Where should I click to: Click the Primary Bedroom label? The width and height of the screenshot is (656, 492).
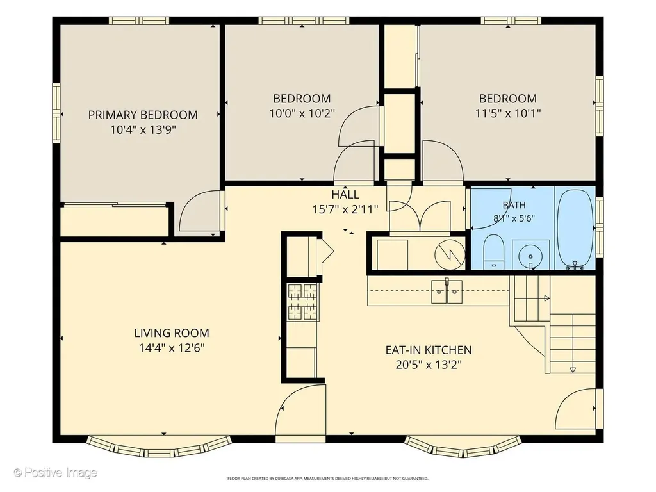(143, 115)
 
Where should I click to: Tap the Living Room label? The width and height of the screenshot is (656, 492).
(172, 333)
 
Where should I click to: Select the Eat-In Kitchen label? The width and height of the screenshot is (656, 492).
(429, 350)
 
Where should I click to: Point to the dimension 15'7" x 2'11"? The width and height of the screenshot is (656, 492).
(345, 209)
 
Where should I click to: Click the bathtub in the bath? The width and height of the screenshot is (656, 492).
(575, 229)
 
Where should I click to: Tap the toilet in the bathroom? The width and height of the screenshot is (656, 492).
(494, 252)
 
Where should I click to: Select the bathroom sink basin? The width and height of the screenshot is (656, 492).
(530, 255)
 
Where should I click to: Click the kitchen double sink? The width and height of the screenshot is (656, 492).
(447, 291)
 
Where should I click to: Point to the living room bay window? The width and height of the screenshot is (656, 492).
(159, 447)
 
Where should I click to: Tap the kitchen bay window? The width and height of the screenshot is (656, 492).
(464, 447)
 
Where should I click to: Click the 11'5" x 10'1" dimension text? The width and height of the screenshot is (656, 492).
(508, 113)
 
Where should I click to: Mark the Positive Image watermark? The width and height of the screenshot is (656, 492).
(55, 473)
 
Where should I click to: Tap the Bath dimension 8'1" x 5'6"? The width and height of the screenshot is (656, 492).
(514, 218)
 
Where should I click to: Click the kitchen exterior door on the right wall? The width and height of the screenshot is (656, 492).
(576, 408)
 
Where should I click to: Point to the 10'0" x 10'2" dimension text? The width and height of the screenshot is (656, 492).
(302, 113)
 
